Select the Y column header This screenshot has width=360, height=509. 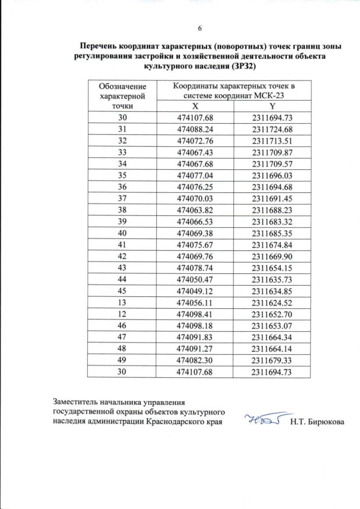(272, 106)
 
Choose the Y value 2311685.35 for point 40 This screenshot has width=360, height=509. (273, 233)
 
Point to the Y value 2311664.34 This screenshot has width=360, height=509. (273, 337)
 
